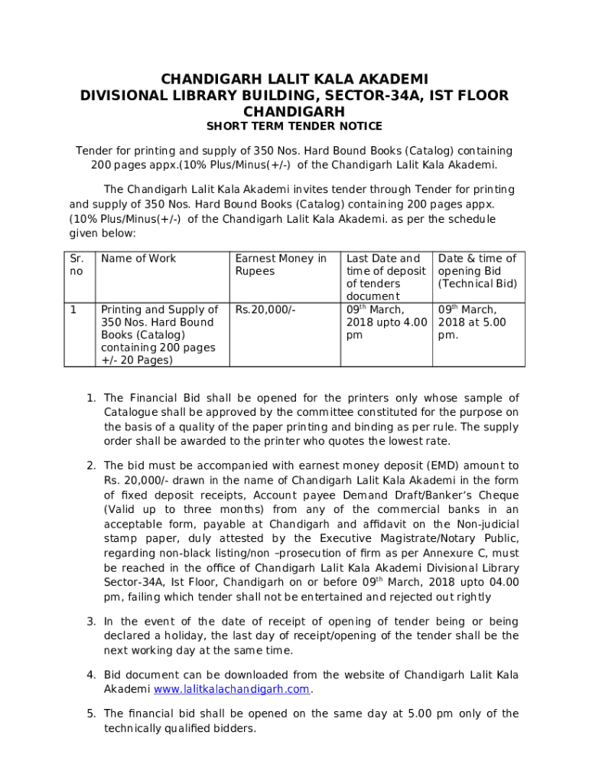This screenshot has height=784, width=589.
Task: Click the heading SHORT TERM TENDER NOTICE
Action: [294, 126]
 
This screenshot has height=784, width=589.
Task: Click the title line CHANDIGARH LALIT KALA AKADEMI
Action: [294, 80]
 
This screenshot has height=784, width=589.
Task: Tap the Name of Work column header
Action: [138, 259]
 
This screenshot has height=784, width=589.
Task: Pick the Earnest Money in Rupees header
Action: [281, 265]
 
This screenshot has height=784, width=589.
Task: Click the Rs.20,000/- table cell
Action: [265, 310]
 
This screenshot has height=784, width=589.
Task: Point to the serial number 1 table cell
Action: [73, 310]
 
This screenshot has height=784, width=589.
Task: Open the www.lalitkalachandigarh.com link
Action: [232, 689]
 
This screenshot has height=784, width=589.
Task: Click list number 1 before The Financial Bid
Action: [90, 398]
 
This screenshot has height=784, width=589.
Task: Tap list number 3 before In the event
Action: [90, 622]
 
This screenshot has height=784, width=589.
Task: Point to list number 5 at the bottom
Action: [90, 714]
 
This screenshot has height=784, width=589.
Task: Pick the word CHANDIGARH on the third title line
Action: [294, 112]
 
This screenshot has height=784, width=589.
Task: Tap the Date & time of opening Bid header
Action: [477, 271]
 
